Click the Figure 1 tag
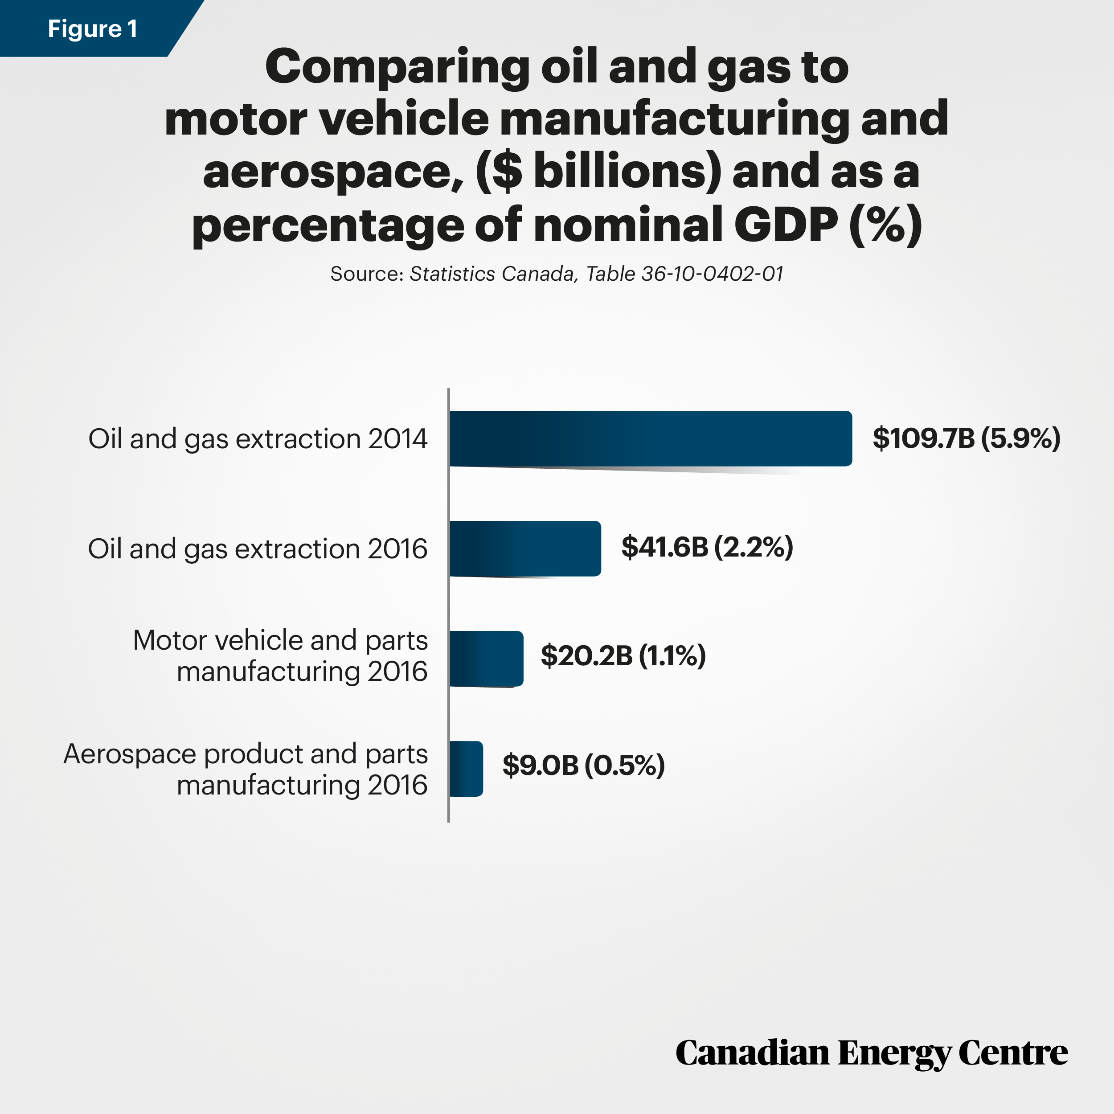click(x=92, y=28)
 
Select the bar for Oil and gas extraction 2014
click(x=651, y=438)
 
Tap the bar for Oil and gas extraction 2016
click(x=525, y=549)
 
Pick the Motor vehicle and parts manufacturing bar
click(x=486, y=659)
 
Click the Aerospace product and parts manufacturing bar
click(x=466, y=769)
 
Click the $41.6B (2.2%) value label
click(x=707, y=547)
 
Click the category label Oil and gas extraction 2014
click(x=258, y=439)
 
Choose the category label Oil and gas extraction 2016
click(x=258, y=549)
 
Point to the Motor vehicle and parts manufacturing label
click(x=280, y=655)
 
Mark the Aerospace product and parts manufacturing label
click(x=246, y=769)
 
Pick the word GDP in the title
click(x=785, y=225)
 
